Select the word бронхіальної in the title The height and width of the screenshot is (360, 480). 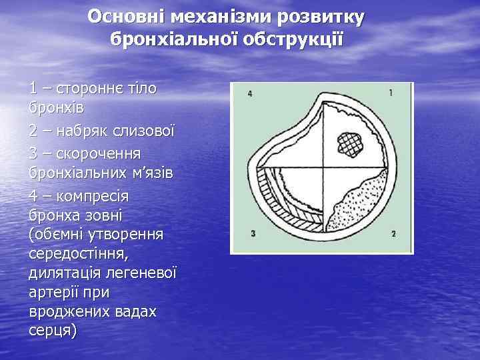point(166,40)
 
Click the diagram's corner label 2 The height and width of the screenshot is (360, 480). point(393,233)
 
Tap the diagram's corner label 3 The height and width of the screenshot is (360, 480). point(253,233)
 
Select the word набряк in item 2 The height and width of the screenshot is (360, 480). point(86,130)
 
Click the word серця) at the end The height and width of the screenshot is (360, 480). point(53,330)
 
